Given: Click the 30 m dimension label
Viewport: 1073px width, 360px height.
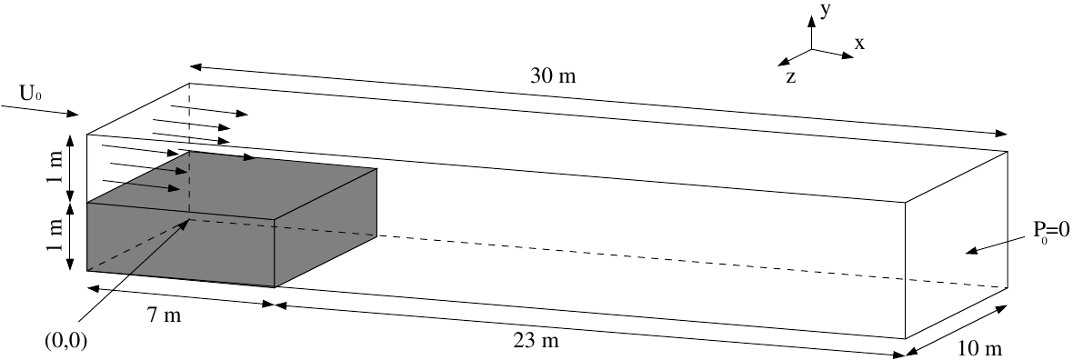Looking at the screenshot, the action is point(554,76).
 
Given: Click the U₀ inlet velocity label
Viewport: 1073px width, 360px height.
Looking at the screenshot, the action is point(30,92).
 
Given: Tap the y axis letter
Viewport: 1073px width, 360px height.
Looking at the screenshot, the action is point(824,10).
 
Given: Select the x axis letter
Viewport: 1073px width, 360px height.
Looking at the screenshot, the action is point(859,43).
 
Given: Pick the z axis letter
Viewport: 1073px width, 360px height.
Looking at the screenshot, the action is point(791,77).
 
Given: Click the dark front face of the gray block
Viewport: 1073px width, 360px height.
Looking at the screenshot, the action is point(180,245).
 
